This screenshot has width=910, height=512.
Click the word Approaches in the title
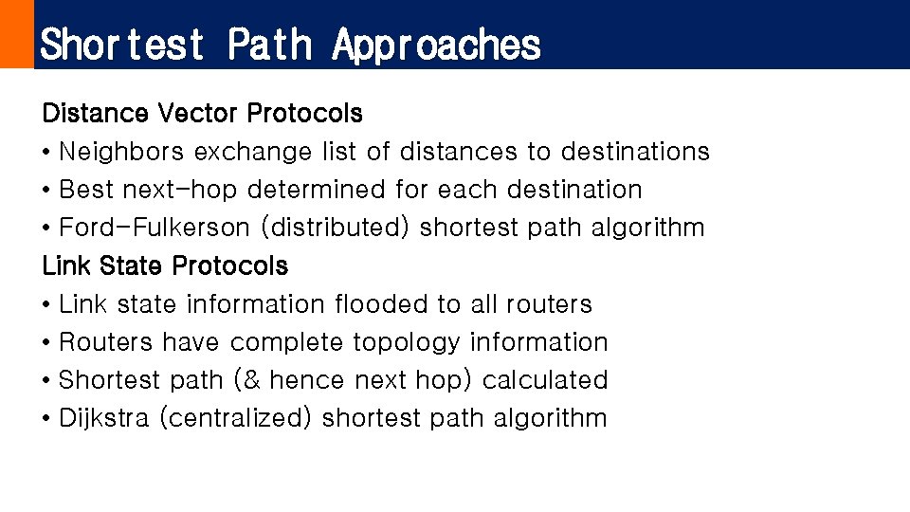click(436, 45)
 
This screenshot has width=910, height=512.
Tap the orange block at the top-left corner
click(16, 34)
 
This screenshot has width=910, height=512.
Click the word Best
click(86, 190)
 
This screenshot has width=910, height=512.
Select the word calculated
click(545, 380)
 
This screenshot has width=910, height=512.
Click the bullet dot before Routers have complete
click(46, 343)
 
